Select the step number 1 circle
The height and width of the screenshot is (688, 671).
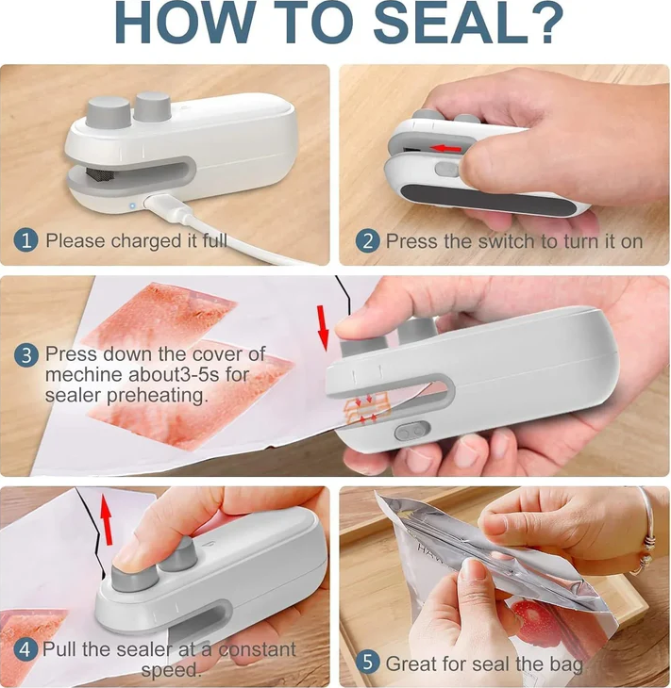25,240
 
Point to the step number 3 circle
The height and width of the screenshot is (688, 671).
25,355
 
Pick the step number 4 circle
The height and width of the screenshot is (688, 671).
25,649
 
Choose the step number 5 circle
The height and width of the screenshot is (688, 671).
366,663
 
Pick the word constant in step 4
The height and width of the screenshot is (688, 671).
257,649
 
